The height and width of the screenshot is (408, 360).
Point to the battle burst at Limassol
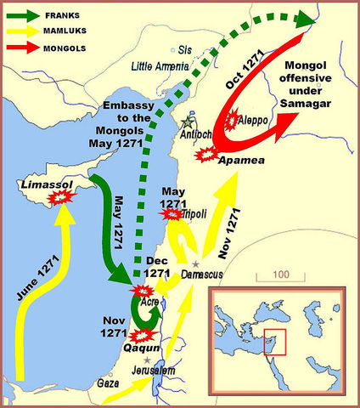point(59,197)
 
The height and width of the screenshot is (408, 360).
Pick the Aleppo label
point(255,121)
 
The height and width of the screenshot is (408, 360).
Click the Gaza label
point(109,383)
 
